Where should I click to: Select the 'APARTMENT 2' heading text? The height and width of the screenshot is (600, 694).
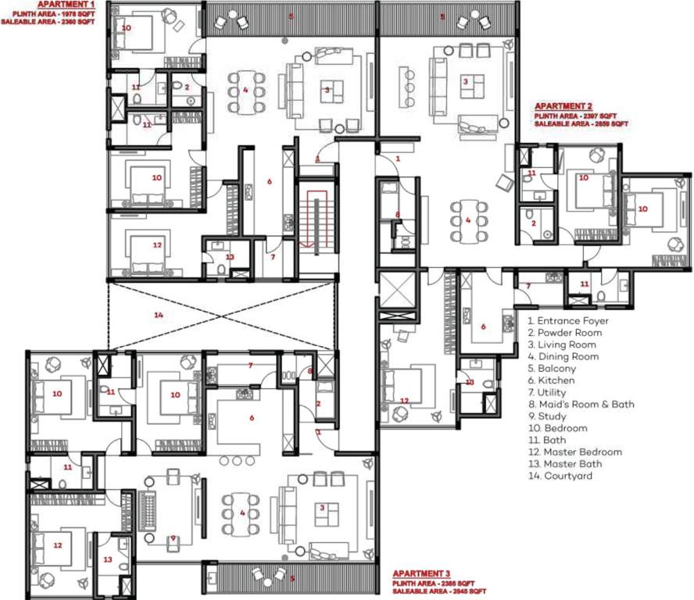click(563, 105)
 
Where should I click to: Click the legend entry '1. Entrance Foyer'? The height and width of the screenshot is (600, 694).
click(567, 320)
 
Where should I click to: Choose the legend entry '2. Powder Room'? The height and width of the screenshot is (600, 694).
click(563, 333)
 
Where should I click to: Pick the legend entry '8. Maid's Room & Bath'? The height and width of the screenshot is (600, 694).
click(581, 404)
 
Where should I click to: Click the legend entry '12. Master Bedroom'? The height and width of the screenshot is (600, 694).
click(574, 452)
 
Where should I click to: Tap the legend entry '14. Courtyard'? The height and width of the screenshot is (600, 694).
click(560, 476)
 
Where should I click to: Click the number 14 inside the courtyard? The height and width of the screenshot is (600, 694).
click(159, 315)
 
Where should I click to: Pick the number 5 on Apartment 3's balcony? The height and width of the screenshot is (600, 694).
click(292, 579)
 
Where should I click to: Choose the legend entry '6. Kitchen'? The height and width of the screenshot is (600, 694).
click(551, 380)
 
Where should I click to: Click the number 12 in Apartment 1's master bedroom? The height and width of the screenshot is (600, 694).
click(157, 245)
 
